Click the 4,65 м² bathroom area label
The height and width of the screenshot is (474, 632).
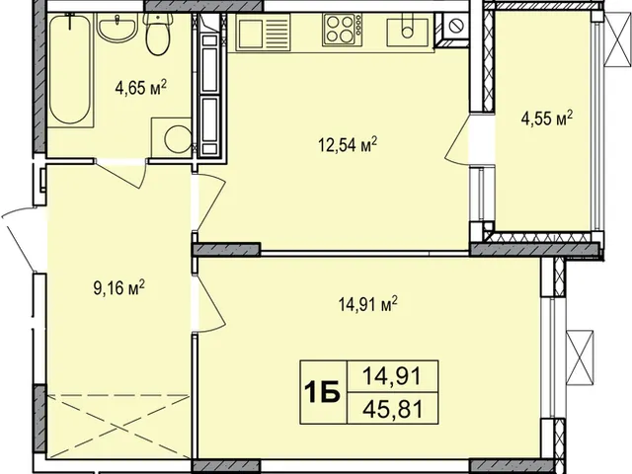point(140,88)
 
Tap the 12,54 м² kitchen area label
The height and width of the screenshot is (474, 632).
point(348,144)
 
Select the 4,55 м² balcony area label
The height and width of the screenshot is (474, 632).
point(547,118)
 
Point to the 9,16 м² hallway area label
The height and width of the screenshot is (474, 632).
point(118,288)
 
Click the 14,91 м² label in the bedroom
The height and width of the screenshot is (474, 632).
point(368,304)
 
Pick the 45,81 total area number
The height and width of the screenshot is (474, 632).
point(393,410)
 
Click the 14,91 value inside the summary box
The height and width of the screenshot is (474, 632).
point(392,377)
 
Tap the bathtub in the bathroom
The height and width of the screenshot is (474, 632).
point(70,69)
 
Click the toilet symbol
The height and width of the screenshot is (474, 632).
point(159,34)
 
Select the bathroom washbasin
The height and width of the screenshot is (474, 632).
point(118,28)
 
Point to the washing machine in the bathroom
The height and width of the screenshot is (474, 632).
point(171,136)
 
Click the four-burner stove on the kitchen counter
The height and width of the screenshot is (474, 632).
point(342,30)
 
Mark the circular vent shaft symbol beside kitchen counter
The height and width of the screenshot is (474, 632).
point(456,26)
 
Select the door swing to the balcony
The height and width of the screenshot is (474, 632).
point(457,139)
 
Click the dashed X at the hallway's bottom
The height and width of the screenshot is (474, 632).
point(118,427)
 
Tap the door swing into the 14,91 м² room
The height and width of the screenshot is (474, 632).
point(209,303)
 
